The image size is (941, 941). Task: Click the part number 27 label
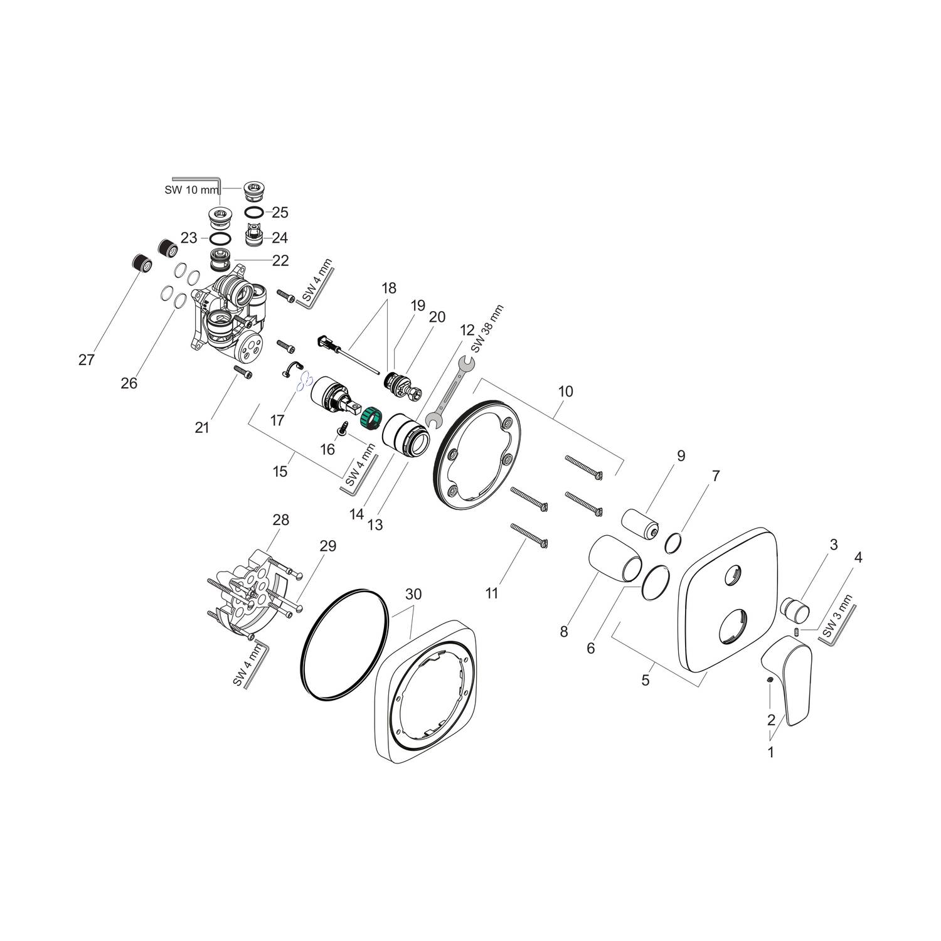[86, 359]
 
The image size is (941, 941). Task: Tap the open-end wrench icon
[450, 390]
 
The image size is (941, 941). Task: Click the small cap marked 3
[795, 608]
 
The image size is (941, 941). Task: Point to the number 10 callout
[565, 391]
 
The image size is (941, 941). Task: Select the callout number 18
[389, 289]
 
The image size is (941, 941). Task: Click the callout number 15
[280, 470]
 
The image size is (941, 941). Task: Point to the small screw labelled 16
[343, 428]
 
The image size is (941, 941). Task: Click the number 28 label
[280, 519]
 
